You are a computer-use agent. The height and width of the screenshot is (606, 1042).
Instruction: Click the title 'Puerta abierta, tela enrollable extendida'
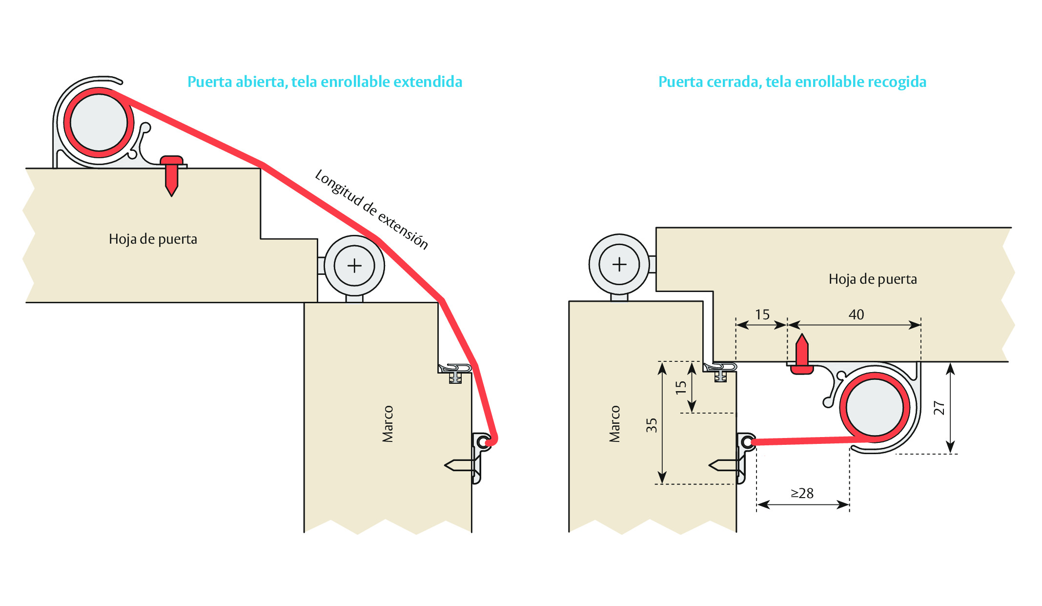point(325,82)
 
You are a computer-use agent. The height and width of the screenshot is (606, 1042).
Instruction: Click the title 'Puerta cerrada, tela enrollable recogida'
point(792,82)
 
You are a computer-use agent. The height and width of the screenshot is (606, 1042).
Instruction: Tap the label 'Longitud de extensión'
point(371,209)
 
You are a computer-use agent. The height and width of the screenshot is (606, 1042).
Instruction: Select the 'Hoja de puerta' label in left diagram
point(153,239)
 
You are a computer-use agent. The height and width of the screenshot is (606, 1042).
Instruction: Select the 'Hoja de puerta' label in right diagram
point(873,279)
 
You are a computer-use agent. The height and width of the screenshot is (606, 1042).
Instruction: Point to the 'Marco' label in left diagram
point(388,424)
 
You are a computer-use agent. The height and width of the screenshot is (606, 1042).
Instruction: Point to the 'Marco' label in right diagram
point(614,424)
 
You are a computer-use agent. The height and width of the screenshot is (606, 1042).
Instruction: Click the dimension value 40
point(856,314)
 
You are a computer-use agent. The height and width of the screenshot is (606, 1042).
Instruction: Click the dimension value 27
point(939,408)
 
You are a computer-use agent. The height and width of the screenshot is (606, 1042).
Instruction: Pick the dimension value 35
point(652,425)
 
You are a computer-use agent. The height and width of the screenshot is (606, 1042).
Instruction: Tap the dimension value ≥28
point(802,493)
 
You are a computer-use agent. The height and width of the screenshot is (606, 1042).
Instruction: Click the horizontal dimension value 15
point(762,314)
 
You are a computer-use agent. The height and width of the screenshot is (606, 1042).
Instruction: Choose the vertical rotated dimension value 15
point(681,387)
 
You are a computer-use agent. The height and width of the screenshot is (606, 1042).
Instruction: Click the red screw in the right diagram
point(802,355)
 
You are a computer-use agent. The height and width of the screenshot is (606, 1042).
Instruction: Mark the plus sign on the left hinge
point(354,266)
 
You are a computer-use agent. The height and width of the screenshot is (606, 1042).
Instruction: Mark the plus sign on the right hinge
point(619,264)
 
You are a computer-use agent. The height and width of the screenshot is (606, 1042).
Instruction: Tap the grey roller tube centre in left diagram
point(99,123)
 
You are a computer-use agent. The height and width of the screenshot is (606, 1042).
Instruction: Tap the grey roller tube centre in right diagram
point(875,407)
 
